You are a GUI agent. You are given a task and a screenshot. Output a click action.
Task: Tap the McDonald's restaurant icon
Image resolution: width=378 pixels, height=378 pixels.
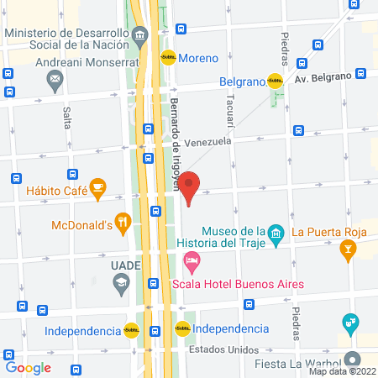click(x=123, y=223)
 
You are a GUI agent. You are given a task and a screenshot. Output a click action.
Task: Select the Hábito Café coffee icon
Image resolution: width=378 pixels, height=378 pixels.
click(x=97, y=189)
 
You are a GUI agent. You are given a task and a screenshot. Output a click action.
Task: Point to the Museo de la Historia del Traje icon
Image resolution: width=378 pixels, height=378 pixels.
click(x=275, y=232)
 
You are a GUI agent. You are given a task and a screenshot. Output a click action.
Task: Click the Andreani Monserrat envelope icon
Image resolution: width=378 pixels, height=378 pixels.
click(x=55, y=80)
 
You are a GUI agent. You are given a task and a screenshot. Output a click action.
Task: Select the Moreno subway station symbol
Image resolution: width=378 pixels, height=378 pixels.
click(x=168, y=58)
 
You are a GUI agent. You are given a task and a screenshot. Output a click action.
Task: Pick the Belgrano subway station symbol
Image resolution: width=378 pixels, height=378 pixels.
click(x=275, y=81)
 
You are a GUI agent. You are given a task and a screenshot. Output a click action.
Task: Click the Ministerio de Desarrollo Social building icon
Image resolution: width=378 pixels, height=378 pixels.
click(x=139, y=34)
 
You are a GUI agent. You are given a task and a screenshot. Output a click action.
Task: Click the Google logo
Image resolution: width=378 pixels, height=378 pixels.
click(x=29, y=367)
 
